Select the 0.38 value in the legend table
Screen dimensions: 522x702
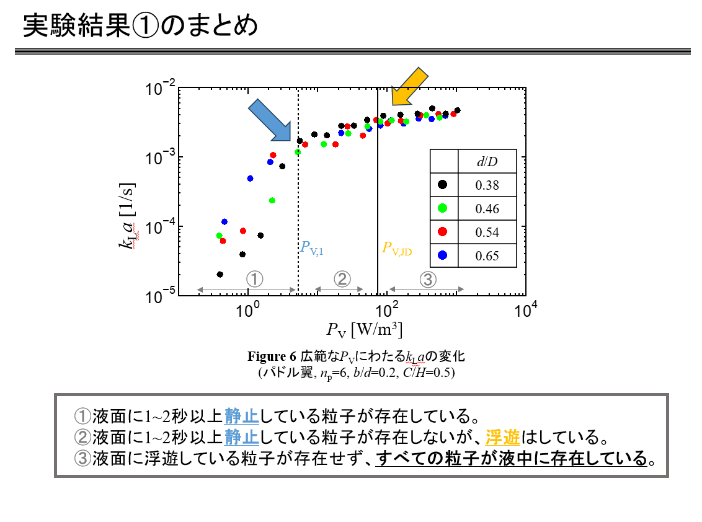point(487,185)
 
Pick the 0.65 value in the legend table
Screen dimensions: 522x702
point(487,255)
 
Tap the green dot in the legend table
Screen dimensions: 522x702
point(443,208)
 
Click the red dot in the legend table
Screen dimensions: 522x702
point(443,232)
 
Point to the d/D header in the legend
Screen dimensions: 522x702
point(487,162)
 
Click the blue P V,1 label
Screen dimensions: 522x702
point(312,248)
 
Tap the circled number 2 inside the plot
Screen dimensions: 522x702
point(342,279)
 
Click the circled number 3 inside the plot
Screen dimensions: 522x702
point(427,279)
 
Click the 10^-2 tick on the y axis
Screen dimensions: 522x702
point(160,89)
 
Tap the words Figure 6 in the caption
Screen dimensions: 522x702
point(272,356)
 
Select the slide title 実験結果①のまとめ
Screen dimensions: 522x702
point(140,26)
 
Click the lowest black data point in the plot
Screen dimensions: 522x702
point(220,274)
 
